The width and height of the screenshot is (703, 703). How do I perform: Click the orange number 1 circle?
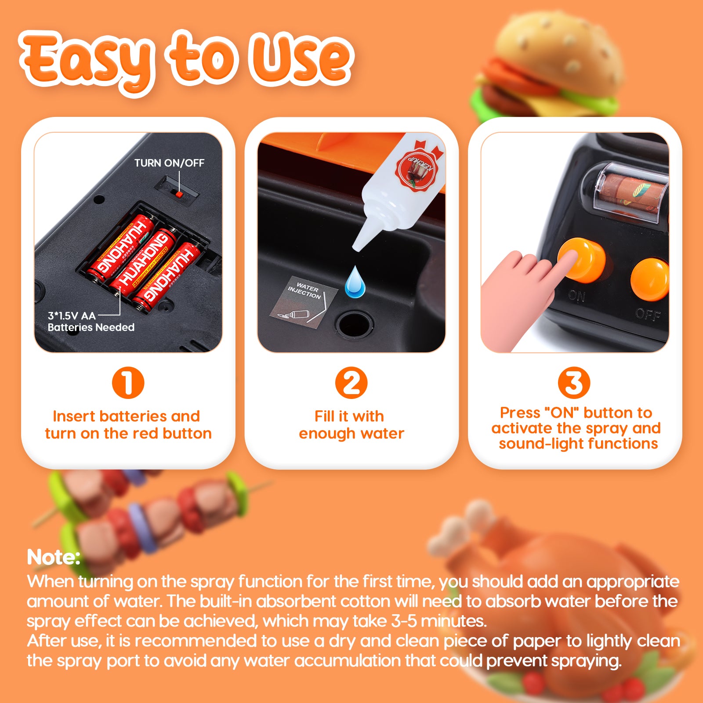(x=128, y=383)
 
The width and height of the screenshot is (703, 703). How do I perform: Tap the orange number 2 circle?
(x=351, y=383)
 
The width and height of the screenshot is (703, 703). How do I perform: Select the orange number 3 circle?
(x=574, y=383)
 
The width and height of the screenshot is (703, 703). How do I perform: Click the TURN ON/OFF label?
(x=169, y=163)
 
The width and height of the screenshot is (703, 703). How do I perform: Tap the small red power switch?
(x=179, y=194)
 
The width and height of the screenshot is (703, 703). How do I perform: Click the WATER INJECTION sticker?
(x=304, y=301)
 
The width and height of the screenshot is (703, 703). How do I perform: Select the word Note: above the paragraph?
(x=54, y=557)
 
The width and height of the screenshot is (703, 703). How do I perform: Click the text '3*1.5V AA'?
(x=72, y=315)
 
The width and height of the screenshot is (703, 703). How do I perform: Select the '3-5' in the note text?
(x=404, y=621)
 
